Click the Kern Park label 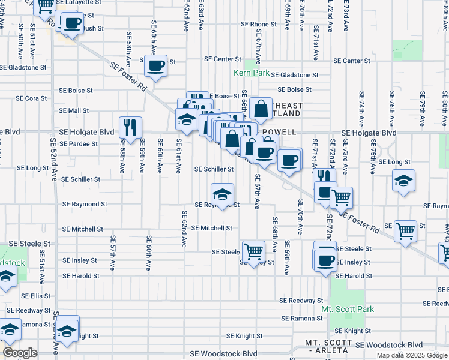click(252, 73)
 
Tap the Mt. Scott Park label click(348, 309)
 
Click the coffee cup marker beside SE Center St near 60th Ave click(156, 65)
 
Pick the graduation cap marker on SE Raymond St click(222, 194)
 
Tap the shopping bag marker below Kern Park click(261, 110)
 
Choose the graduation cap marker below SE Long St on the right click(403, 181)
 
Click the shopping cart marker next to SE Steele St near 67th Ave click(253, 250)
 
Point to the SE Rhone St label click(258, 25)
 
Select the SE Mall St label click(74, 110)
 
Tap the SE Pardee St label click(78, 144)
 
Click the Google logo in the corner click(20, 353)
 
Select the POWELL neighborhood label click(278, 131)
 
